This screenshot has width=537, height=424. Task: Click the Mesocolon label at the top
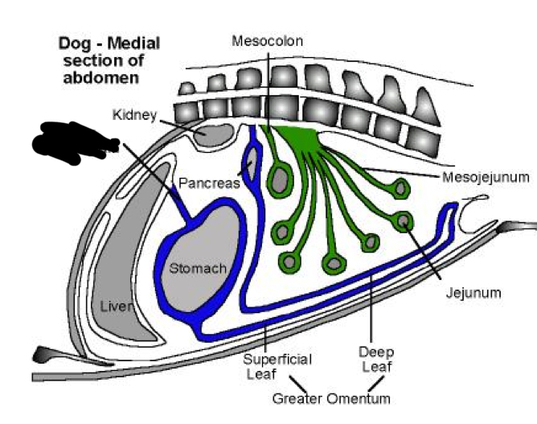(268, 41)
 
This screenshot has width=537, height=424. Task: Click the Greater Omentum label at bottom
(330, 398)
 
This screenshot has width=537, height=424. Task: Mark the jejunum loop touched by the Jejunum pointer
(404, 219)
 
